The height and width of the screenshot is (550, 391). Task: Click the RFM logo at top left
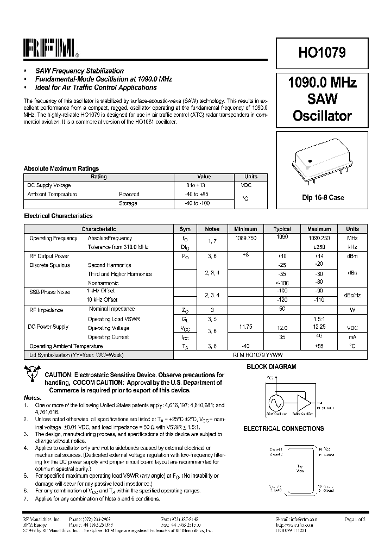click(50, 49)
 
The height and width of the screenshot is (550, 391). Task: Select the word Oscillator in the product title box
click(322, 116)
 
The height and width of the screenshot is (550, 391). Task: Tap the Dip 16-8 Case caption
click(323, 198)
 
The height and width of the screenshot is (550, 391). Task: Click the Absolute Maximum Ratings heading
click(61, 168)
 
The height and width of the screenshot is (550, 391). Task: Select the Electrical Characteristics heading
click(58, 216)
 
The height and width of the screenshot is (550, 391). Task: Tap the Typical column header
click(282, 229)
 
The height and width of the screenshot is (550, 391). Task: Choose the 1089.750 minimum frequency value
click(245, 238)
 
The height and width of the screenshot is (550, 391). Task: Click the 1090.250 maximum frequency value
click(319, 238)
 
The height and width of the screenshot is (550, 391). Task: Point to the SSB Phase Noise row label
click(49, 292)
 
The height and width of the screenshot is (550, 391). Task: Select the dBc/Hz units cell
click(352, 295)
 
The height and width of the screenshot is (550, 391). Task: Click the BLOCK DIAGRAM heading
click(272, 367)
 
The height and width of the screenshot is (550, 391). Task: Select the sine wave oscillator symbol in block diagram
click(275, 403)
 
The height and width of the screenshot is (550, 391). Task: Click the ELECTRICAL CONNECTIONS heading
click(283, 429)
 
